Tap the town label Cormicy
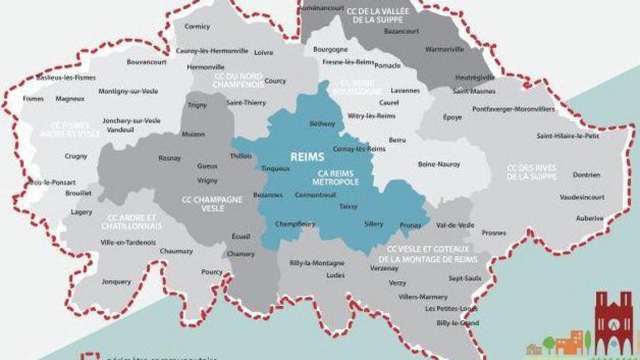197,26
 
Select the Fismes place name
34,99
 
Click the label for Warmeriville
445,50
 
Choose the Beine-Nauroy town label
438,164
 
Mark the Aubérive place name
589,218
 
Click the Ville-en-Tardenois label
128,242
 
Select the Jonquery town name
116,281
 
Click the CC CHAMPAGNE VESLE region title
212,204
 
